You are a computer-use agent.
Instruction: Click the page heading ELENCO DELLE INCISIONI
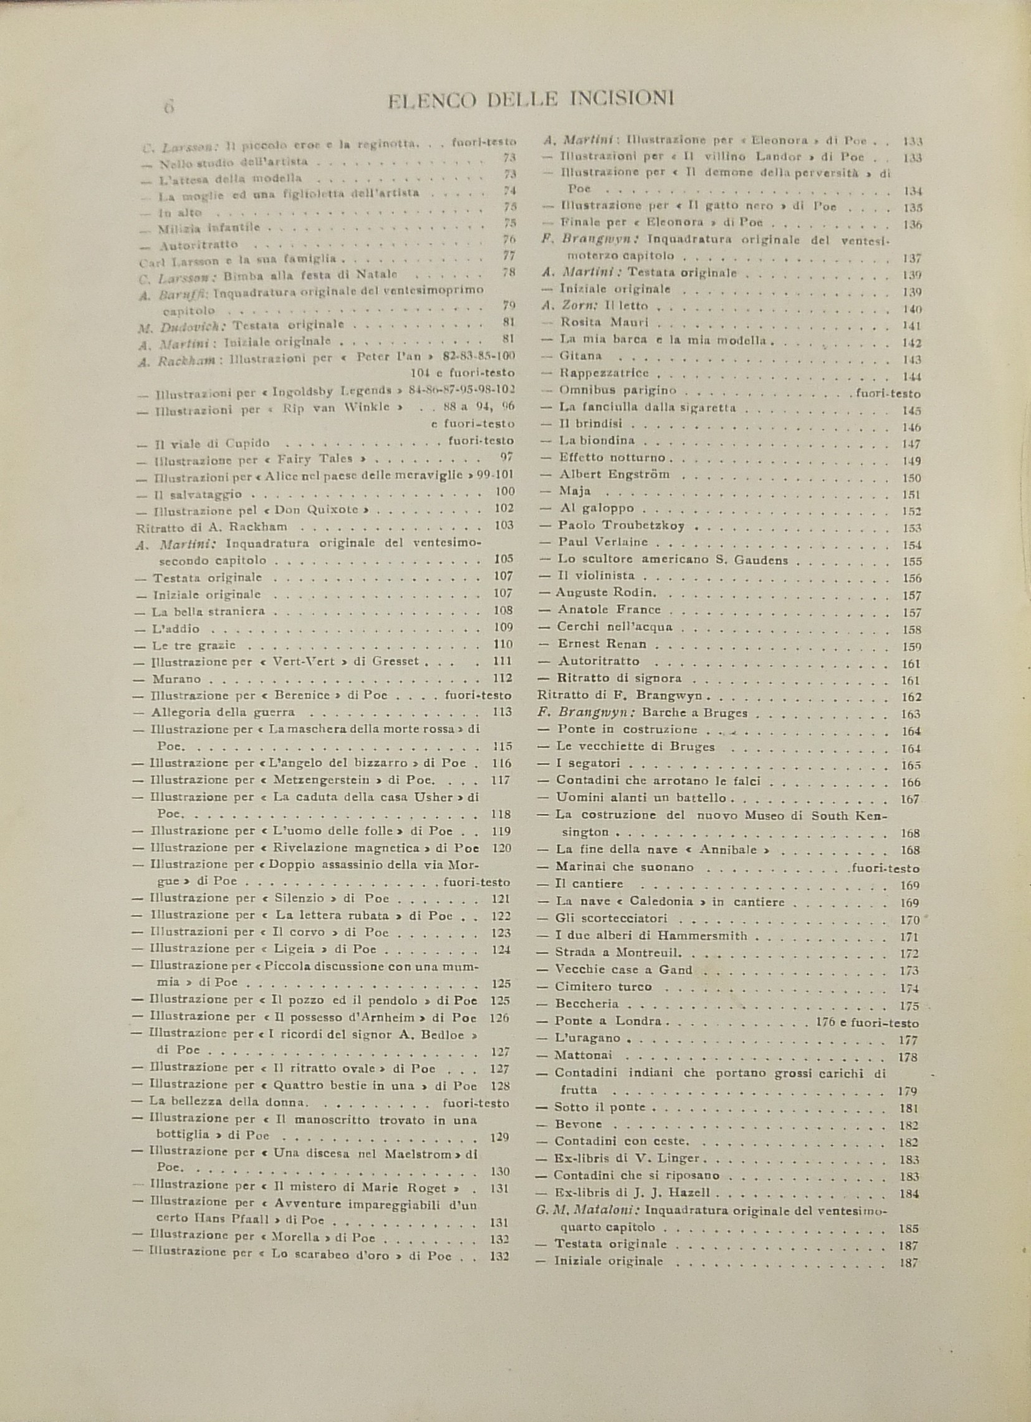point(530,100)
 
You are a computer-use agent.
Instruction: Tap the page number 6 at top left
point(168,107)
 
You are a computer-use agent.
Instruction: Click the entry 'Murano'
point(177,679)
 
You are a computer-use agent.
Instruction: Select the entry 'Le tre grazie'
point(194,644)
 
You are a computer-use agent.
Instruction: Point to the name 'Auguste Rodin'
point(605,592)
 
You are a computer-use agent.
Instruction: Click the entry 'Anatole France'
point(609,609)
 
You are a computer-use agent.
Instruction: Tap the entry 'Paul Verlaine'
point(603,542)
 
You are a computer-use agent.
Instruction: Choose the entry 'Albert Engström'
point(614,474)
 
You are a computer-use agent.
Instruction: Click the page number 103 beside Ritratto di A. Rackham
point(503,525)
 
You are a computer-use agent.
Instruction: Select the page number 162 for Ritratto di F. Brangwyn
point(911,697)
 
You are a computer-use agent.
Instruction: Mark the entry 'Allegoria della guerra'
point(223,712)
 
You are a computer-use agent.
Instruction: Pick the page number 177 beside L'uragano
point(908,1040)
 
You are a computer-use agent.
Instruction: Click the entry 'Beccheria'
point(587,1004)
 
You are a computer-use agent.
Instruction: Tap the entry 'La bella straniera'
point(209,611)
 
